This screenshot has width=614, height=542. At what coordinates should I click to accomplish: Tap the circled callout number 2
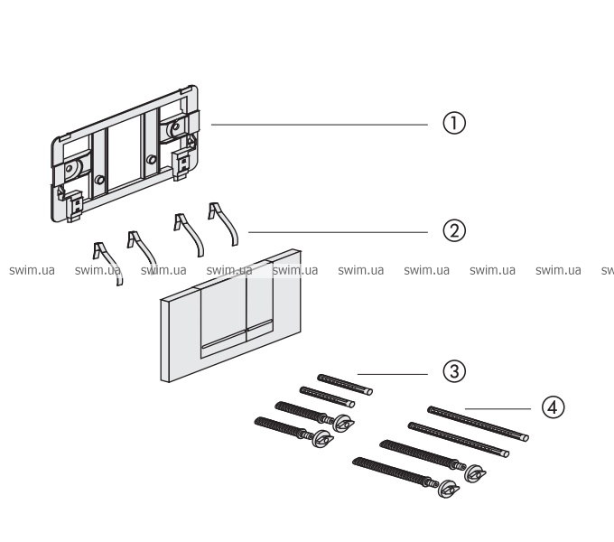pyautogui.click(x=453, y=231)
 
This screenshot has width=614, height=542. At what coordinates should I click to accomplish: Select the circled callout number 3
pyautogui.click(x=453, y=371)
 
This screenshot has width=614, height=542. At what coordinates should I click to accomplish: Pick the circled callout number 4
pyautogui.click(x=553, y=408)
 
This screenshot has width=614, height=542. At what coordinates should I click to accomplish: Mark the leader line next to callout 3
pyautogui.click(x=393, y=371)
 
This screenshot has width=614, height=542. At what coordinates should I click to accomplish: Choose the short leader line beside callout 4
pyautogui.click(x=501, y=408)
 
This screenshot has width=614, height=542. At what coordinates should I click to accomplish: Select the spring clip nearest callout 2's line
pyautogui.click(x=222, y=223)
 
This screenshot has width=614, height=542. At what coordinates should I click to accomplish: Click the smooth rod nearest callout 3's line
pyautogui.click(x=345, y=384)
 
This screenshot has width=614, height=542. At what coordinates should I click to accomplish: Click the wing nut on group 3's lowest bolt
pyautogui.click(x=319, y=439)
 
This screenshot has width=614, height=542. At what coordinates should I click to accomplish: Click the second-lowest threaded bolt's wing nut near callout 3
pyautogui.click(x=342, y=424)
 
